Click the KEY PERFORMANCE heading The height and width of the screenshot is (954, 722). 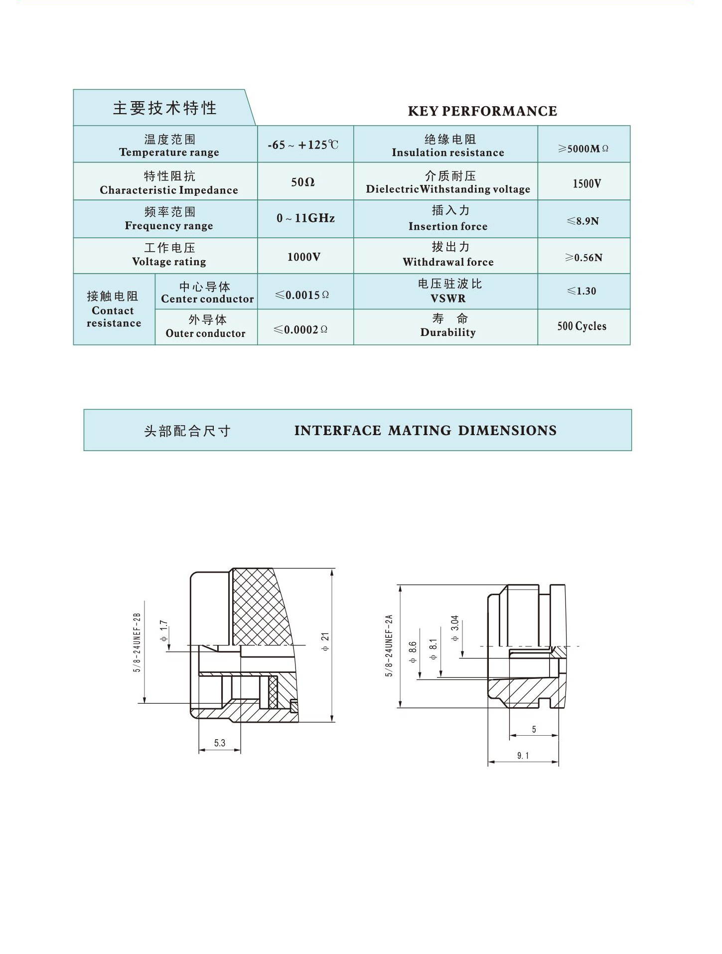click(x=482, y=111)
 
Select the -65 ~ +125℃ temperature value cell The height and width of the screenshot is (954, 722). click(x=303, y=145)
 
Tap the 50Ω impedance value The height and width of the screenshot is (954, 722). click(x=303, y=182)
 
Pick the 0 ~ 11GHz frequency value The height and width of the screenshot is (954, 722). click(x=305, y=218)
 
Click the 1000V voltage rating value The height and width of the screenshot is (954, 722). click(x=303, y=257)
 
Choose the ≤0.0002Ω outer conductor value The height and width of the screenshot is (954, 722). click(x=301, y=329)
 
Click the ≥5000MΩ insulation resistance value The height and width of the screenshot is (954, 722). click(x=583, y=149)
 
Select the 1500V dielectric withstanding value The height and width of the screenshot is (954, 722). click(x=586, y=183)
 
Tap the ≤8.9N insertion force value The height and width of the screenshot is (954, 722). click(x=582, y=221)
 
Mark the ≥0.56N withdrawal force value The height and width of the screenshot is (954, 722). click(x=583, y=258)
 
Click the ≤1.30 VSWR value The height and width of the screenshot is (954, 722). click(x=581, y=291)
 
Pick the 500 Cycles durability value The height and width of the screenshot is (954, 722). click(x=581, y=326)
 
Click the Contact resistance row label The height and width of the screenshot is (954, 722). click(x=114, y=310)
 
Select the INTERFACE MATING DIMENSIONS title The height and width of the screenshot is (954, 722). click(x=425, y=431)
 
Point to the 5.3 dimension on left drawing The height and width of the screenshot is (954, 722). click(x=220, y=743)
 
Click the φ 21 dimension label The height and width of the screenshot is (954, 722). click(x=325, y=641)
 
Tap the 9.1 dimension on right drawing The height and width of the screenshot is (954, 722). click(x=523, y=756)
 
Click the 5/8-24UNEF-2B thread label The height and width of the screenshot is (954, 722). click(x=137, y=642)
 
